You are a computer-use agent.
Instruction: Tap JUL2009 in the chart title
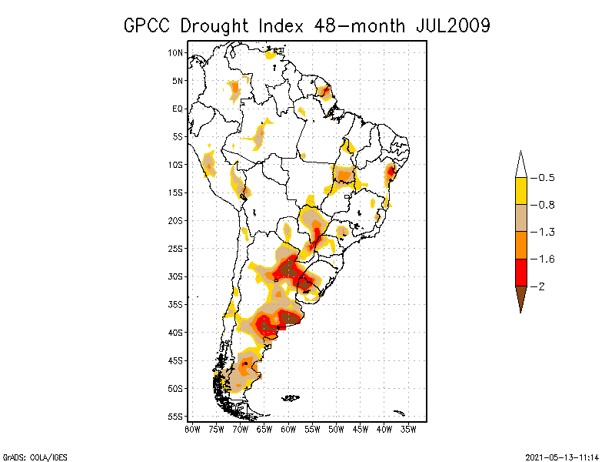tap(453, 25)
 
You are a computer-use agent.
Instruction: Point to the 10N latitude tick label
tap(175, 52)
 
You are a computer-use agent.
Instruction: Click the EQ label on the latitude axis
tap(178, 109)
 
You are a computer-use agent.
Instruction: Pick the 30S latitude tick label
tap(175, 276)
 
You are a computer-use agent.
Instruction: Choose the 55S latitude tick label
tap(175, 417)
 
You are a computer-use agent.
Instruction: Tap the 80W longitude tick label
tap(192, 429)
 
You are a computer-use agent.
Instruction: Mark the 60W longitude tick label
tap(288, 429)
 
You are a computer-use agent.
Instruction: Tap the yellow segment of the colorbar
tap(520, 191)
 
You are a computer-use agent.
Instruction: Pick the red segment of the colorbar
tap(520, 272)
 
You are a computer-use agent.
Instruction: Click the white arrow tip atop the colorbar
tap(520, 166)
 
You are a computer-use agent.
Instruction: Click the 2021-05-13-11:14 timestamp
tap(562, 456)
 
